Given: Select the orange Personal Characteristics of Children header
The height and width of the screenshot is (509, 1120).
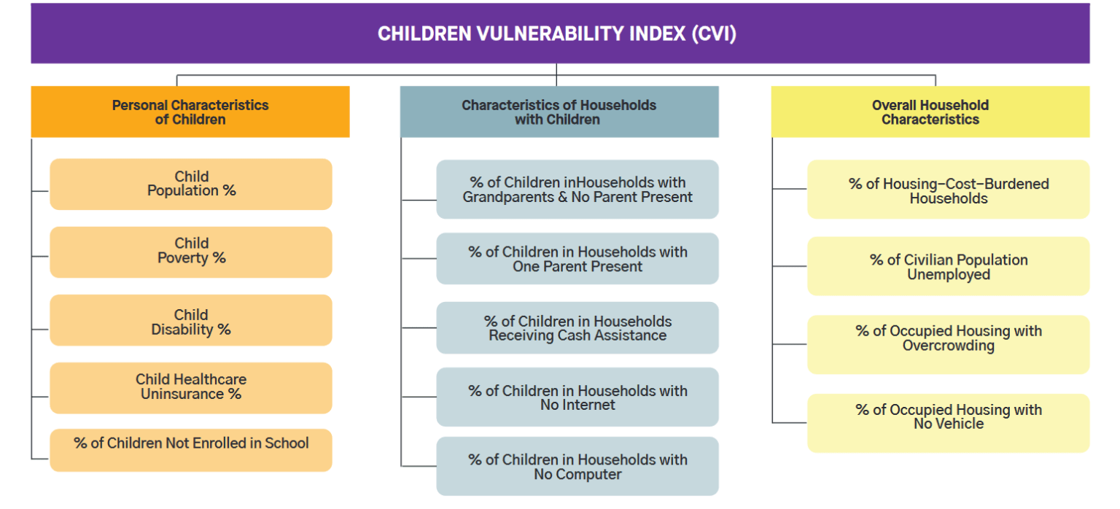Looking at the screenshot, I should click(190, 112).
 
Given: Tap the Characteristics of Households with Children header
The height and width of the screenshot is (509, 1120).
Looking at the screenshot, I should click(559, 112).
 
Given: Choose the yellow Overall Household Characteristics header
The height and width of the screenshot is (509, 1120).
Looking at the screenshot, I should click(930, 112).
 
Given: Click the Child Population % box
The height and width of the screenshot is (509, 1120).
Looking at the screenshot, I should click(191, 184).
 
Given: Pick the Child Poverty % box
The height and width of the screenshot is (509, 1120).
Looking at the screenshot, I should click(191, 252).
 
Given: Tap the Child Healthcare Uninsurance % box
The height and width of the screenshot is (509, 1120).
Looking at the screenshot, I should click(191, 387).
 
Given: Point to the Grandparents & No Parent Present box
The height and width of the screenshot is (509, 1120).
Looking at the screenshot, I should click(577, 190).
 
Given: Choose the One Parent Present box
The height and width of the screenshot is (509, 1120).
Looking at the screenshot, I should click(577, 259).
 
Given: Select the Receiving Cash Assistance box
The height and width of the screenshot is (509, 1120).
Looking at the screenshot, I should click(577, 328).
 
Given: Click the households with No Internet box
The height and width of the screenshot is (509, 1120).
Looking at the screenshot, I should click(577, 397).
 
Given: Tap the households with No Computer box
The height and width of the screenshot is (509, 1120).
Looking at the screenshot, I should click(577, 467).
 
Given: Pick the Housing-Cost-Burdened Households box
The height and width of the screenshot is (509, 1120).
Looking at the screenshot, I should click(949, 190).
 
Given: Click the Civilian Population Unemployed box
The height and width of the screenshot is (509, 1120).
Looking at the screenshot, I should click(949, 266).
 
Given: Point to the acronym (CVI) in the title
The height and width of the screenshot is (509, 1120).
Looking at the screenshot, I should click(712, 34).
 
